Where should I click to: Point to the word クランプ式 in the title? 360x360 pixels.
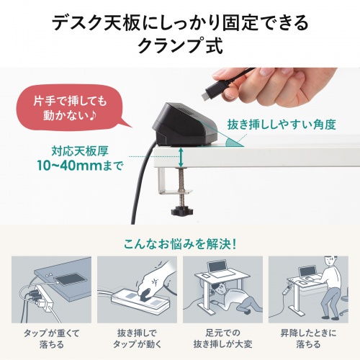pos(180,47)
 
